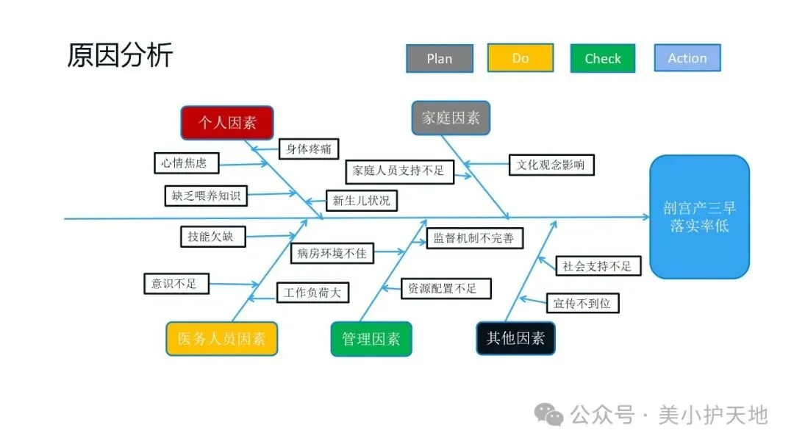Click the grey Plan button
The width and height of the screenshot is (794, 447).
tap(439, 59)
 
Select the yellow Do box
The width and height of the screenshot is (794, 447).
tap(520, 58)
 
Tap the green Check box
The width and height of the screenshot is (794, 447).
tap(602, 59)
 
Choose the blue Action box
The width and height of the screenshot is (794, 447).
tap(687, 58)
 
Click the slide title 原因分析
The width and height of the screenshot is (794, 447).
tap(120, 55)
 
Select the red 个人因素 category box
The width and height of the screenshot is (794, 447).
tap(227, 123)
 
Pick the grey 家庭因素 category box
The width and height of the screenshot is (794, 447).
tap(451, 118)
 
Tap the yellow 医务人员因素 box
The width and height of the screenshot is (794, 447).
tap(221, 339)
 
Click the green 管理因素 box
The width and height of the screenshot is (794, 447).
tap(371, 339)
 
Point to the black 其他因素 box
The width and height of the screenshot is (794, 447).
tap(515, 338)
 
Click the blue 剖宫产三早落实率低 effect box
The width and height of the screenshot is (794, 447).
tap(699, 217)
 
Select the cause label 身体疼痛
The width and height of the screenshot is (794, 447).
tap(308, 149)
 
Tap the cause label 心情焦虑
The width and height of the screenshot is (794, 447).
tap(185, 163)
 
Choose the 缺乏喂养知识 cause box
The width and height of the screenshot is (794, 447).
tap(205, 196)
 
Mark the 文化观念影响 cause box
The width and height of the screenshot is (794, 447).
tap(551, 165)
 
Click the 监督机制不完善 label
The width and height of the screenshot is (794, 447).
tap(473, 238)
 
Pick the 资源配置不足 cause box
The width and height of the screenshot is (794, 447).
tap(446, 289)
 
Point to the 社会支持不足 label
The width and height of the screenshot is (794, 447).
tap(597, 266)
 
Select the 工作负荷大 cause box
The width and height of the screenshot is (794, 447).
tap(312, 293)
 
